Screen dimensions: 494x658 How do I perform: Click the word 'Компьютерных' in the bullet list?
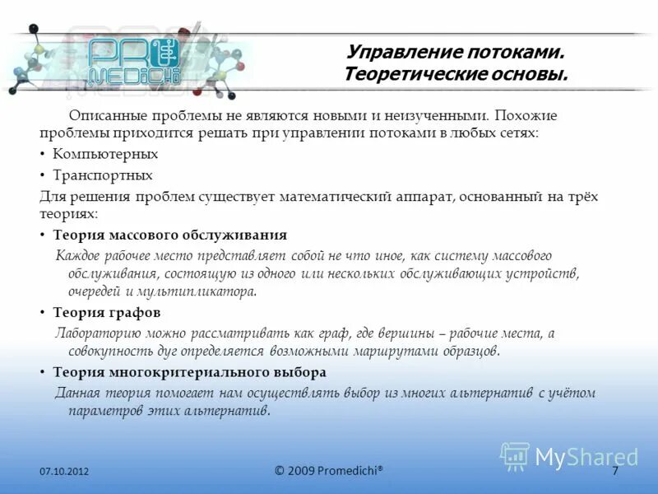pos(105,154)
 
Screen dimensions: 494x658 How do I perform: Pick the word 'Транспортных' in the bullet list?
pos(103,175)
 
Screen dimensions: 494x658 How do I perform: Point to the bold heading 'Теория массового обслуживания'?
pos(170,235)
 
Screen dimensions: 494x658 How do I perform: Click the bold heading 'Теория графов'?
pos(107,313)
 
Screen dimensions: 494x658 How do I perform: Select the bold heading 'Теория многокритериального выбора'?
pos(190,372)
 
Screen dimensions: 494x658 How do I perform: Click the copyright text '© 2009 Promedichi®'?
pos(329,470)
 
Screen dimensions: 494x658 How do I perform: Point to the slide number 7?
pos(614,470)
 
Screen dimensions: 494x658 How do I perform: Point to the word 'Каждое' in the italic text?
pos(79,256)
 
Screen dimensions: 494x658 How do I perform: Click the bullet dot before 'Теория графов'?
pos(42,313)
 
